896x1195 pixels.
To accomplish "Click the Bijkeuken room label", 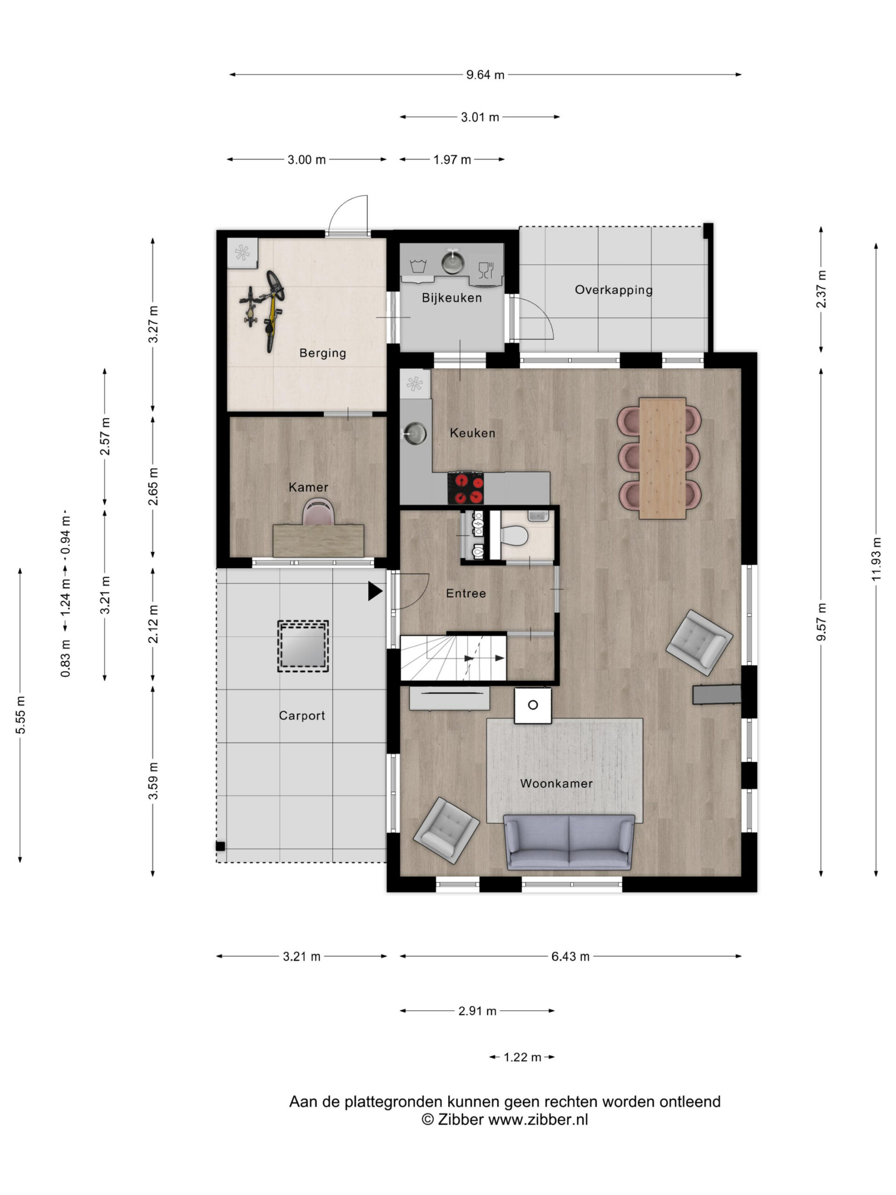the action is click(452, 298).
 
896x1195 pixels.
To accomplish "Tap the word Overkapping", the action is click(614, 290).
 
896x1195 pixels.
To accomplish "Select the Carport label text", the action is click(302, 716).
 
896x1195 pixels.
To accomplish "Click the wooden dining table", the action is click(662, 458).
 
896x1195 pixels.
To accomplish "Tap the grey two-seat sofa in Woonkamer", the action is click(569, 842).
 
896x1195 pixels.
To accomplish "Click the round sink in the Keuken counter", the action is click(415, 433).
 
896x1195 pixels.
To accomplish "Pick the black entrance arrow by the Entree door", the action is click(375, 591).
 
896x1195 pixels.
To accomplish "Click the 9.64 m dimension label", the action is click(485, 75).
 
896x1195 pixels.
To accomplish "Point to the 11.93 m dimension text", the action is click(875, 559).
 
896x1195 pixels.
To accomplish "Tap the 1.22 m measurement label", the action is click(522, 1057).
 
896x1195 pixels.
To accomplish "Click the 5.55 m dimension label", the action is click(21, 715).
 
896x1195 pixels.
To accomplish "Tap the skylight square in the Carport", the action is click(303, 646).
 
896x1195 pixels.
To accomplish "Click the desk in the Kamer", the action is click(318, 540).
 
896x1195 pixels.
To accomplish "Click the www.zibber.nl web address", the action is click(538, 1120).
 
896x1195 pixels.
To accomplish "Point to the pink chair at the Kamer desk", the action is click(319, 511).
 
